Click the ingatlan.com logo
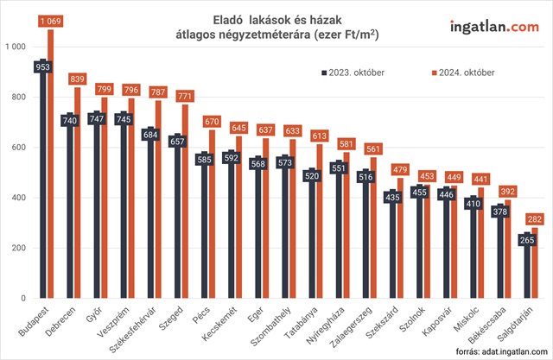493,26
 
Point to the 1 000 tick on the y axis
17,46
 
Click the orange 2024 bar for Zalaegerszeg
372,233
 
